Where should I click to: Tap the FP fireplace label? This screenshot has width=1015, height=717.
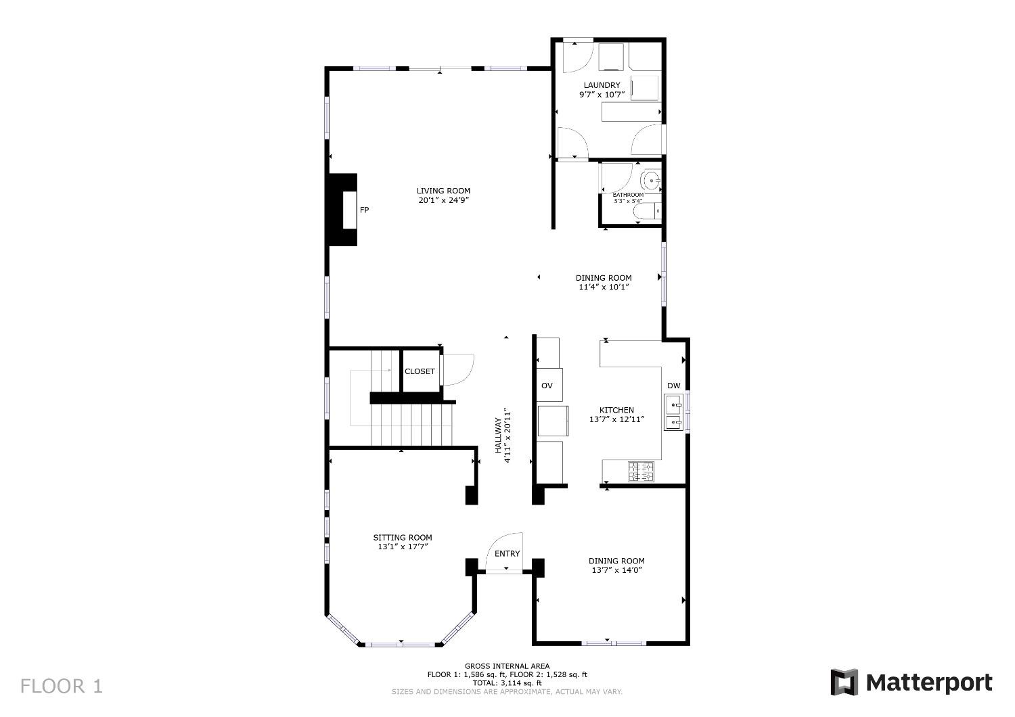[x=364, y=210]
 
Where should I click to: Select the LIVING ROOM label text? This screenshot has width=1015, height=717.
[x=443, y=191]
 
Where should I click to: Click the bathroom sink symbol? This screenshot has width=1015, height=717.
[x=651, y=181]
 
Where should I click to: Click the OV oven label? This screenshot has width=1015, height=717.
[x=547, y=386]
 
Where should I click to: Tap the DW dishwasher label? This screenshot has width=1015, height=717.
[x=673, y=386]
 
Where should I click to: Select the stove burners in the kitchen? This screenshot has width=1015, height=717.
[x=641, y=471]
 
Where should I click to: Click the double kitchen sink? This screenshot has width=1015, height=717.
[x=674, y=413]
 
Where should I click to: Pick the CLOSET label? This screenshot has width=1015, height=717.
[x=420, y=371]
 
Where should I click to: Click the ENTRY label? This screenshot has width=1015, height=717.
[x=507, y=553]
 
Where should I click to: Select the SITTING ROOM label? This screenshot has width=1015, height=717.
[x=403, y=538]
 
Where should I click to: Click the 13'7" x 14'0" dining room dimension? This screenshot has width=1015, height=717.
[x=616, y=570]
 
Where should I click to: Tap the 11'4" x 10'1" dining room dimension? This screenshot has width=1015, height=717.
[x=604, y=287]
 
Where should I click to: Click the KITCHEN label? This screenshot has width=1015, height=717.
[x=616, y=410]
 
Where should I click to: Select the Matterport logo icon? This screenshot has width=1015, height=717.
[x=844, y=682]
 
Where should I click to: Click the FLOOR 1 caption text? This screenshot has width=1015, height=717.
[x=62, y=686]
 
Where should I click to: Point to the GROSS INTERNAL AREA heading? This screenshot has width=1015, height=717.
[x=507, y=666]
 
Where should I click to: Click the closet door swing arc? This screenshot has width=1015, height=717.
[x=459, y=369]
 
